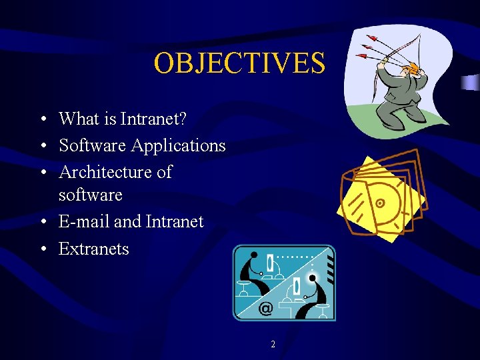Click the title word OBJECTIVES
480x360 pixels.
239,63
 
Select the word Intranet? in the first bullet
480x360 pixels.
154,119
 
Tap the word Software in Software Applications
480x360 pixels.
93,145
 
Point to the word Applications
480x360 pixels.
178,145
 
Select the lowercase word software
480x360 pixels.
91,195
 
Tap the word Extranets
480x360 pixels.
94,249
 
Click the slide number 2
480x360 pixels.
273,345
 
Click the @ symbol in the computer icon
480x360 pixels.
265,308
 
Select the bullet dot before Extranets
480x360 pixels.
41,249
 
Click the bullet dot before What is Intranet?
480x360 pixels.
41,120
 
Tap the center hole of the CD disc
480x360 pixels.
380,202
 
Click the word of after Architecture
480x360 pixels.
163,172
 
